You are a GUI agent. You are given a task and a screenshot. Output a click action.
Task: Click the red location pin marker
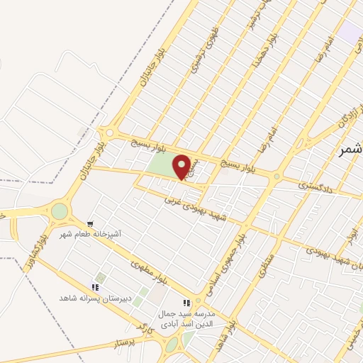coord(182,167)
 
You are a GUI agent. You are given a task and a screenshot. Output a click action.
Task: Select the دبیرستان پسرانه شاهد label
coord(94,298)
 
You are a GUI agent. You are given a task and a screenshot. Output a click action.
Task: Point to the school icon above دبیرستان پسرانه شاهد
coord(94,287)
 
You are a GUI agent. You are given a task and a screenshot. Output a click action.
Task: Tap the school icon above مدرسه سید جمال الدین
coord(187,303)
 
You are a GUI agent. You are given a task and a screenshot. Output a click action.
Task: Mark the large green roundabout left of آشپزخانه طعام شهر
coord(60,211)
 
